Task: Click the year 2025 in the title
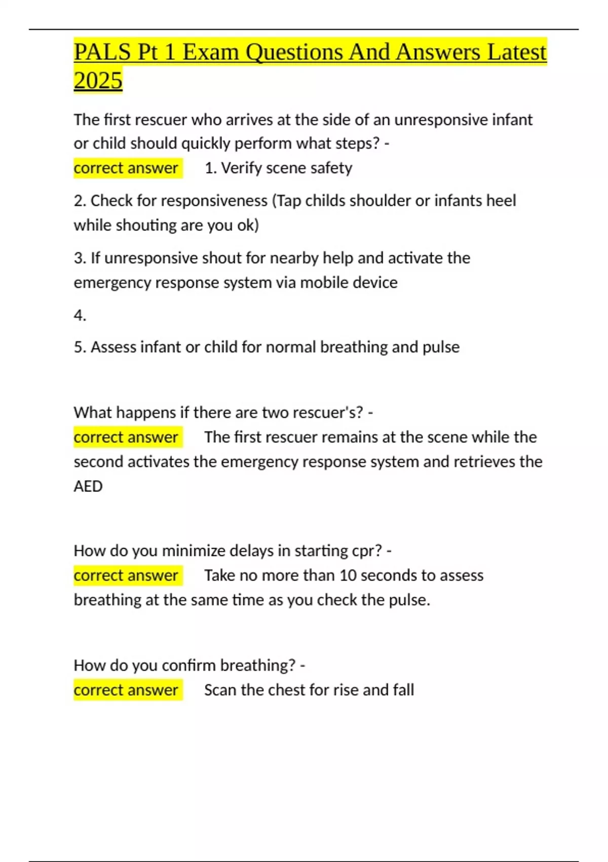tap(98, 80)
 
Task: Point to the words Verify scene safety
tap(286, 168)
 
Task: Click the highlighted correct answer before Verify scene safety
tap(126, 168)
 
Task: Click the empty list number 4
tap(80, 315)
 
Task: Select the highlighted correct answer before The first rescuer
tap(126, 437)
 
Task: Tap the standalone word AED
tap(88, 486)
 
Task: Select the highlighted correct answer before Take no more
tap(126, 576)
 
